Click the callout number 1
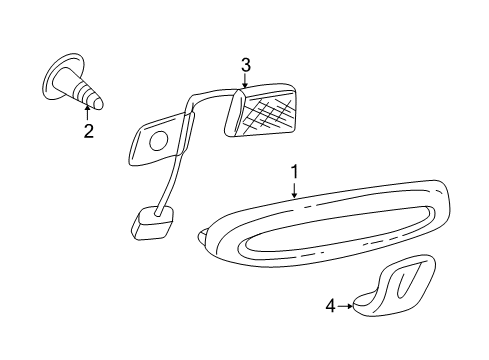click(294, 172)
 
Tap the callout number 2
click(89, 131)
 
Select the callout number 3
click(246, 65)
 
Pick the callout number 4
click(330, 306)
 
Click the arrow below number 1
click(294, 190)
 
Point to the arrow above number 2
click(88, 112)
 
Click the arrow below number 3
click(245, 80)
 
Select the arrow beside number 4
click(345, 306)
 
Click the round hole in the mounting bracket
click(158, 141)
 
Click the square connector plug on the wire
click(153, 222)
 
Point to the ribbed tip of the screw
click(88, 95)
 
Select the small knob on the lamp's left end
click(203, 237)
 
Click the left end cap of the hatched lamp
click(234, 113)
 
